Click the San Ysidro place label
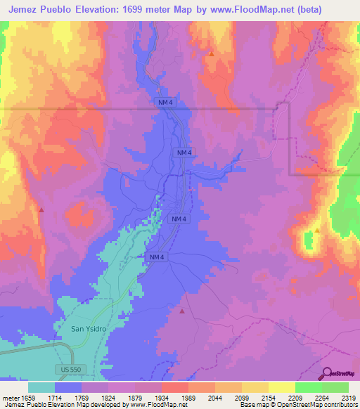pyautogui.click(x=88, y=328)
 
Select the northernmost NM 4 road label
pyautogui.click(x=164, y=103)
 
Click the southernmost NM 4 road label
pyautogui.click(x=156, y=258)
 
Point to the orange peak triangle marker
pyautogui.click(x=211, y=53)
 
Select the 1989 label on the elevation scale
pyautogui.click(x=188, y=398)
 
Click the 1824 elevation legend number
pyautogui.click(x=109, y=398)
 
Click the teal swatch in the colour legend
pyautogui.click(x=41, y=387)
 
